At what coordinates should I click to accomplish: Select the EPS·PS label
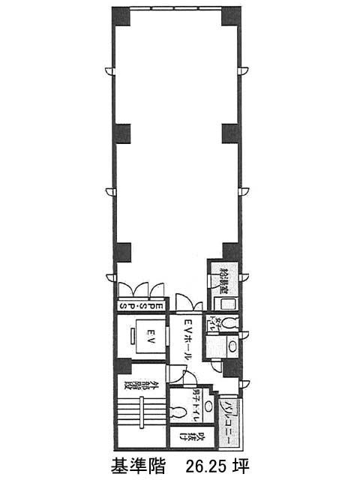click(x=139, y=306)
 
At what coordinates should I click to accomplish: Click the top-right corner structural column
click(x=231, y=14)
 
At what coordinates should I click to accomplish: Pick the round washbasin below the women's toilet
click(x=232, y=347)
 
